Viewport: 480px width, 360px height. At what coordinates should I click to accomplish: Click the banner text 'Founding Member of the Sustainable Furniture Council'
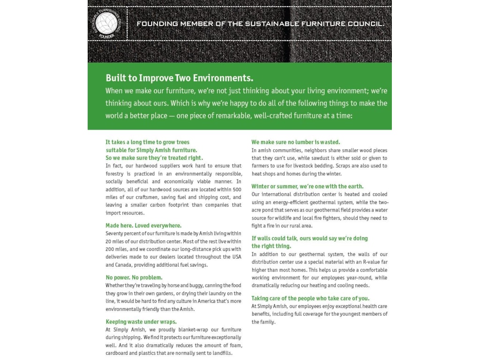pos(260,23)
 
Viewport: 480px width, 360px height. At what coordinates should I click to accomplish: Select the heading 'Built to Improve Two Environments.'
pos(179,78)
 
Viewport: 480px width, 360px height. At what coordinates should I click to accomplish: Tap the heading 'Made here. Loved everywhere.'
pos(143,225)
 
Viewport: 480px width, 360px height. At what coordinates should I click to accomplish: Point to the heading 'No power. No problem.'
pos(134,277)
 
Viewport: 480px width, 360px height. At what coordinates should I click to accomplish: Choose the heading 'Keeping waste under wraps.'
pos(141,322)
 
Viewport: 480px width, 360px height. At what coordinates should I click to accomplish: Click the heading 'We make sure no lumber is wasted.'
pos(296,142)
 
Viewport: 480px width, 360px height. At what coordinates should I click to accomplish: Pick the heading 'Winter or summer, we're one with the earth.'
pos(307,186)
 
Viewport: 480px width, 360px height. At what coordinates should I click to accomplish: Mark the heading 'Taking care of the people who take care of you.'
pos(310,298)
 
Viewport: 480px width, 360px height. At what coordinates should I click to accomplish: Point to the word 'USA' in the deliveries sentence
pos(237,257)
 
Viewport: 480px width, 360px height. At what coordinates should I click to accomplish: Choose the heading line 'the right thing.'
pos(271,246)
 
